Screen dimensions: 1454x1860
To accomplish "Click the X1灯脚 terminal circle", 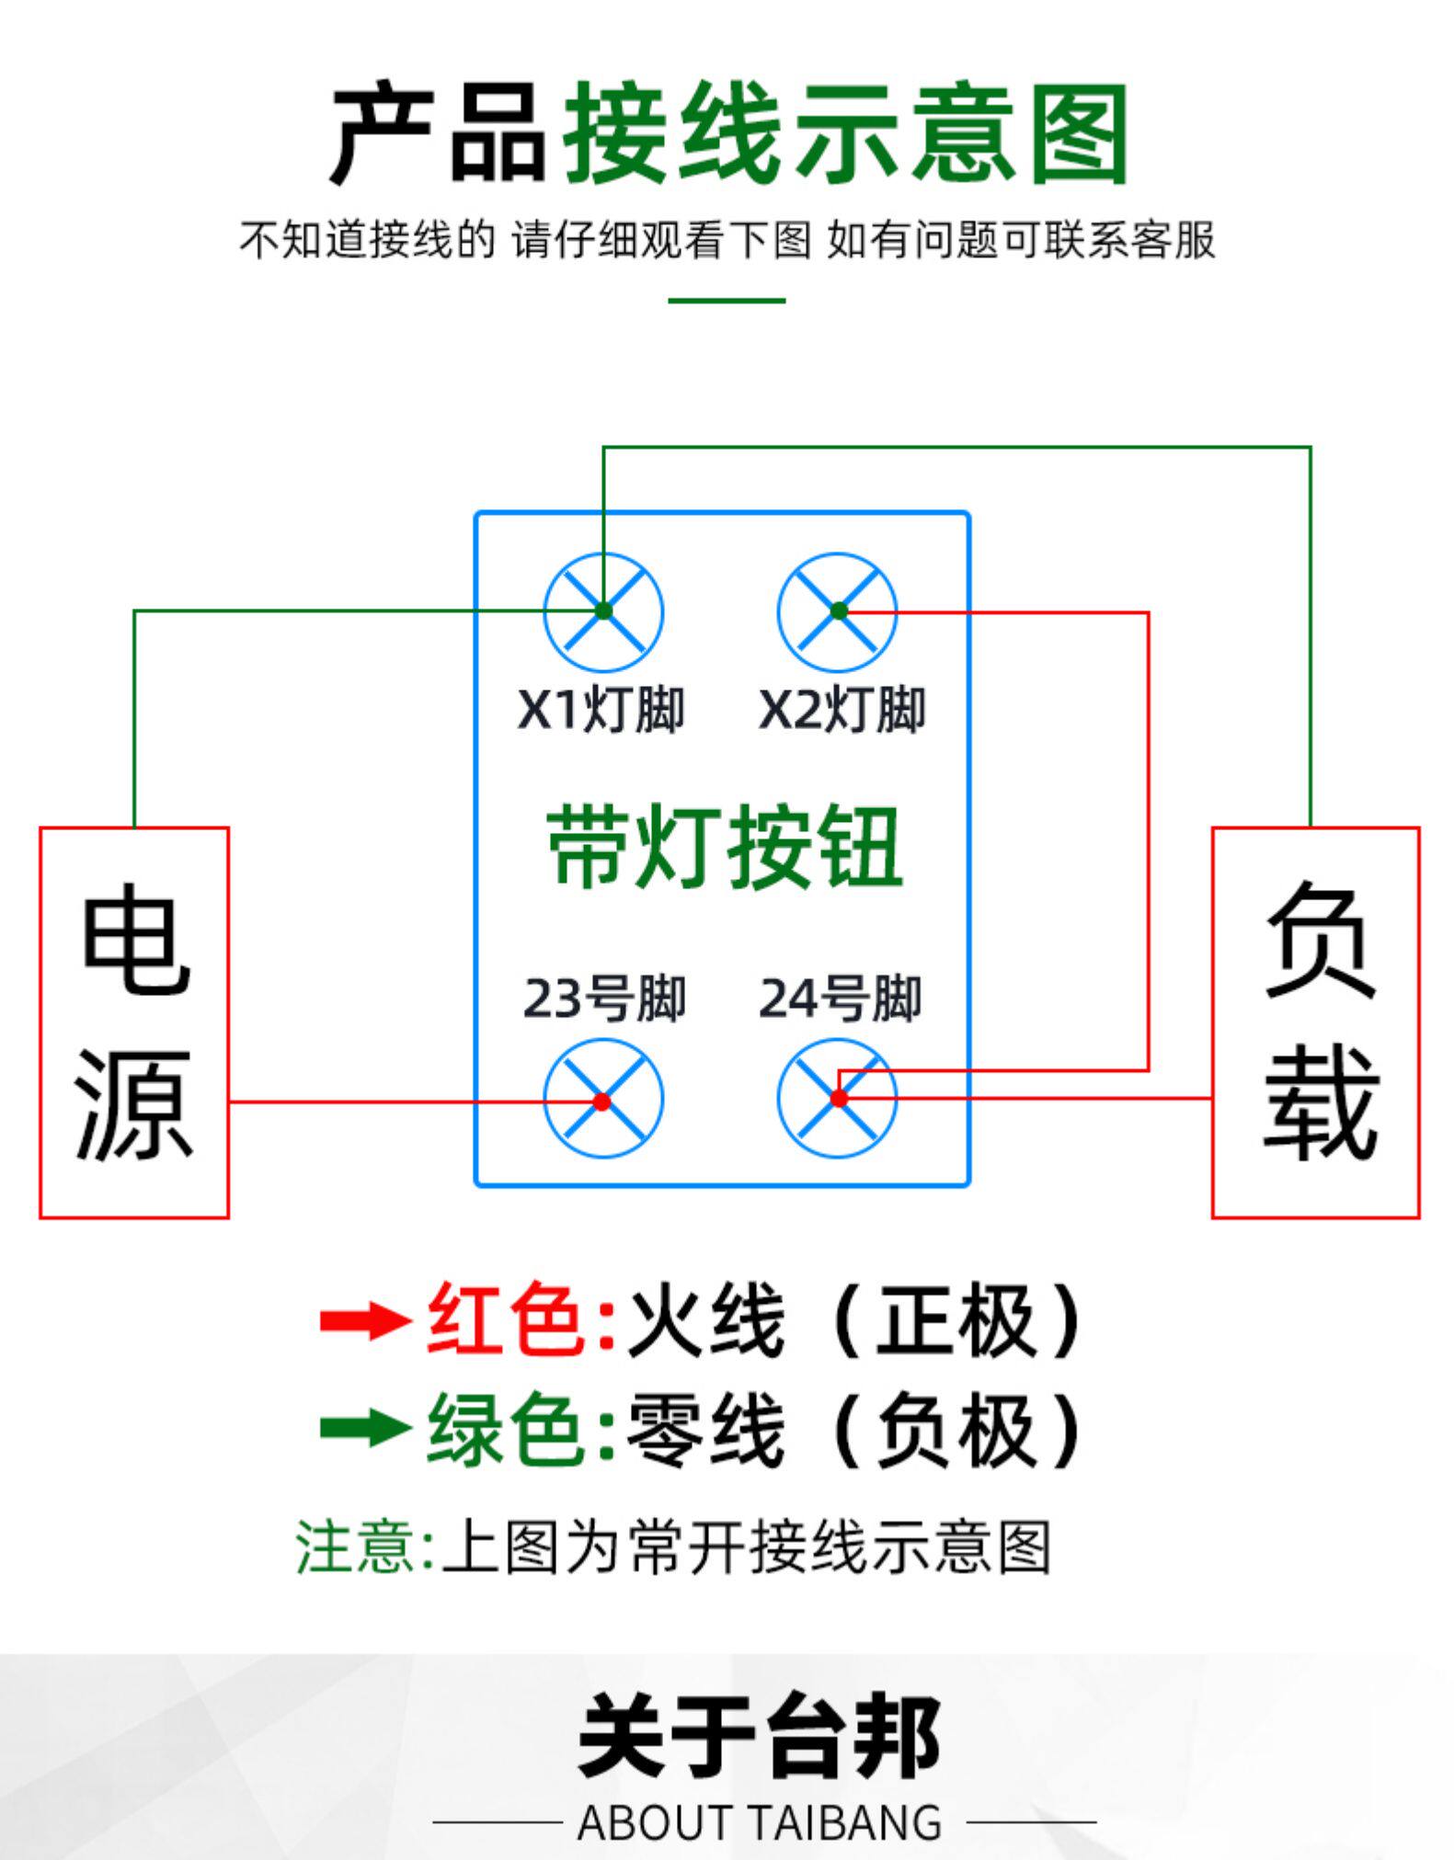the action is [603, 611].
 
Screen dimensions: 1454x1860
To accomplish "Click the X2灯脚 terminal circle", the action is [837, 611].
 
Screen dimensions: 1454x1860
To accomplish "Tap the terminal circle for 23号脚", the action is [603, 1100].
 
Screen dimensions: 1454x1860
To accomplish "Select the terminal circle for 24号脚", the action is [837, 1098].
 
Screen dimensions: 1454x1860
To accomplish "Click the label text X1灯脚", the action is [601, 710].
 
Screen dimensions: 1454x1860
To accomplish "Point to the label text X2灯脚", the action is [841, 710].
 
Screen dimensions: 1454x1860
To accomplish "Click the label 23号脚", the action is [604, 998].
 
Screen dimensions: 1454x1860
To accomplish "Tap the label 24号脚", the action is [840, 998].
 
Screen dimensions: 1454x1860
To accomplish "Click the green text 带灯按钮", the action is [724, 848].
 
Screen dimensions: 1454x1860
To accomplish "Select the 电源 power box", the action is [134, 1022].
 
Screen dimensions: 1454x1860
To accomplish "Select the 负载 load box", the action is [1316, 1022].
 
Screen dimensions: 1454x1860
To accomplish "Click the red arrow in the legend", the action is [364, 1321].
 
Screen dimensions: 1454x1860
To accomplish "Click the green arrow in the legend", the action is [364, 1428].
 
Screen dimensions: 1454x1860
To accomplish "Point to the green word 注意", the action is [355, 1547].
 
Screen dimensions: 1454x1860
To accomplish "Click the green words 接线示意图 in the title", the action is [845, 133].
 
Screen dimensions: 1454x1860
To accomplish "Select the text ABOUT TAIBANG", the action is [760, 1821].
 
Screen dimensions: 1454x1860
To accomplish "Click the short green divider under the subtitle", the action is [727, 301].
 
